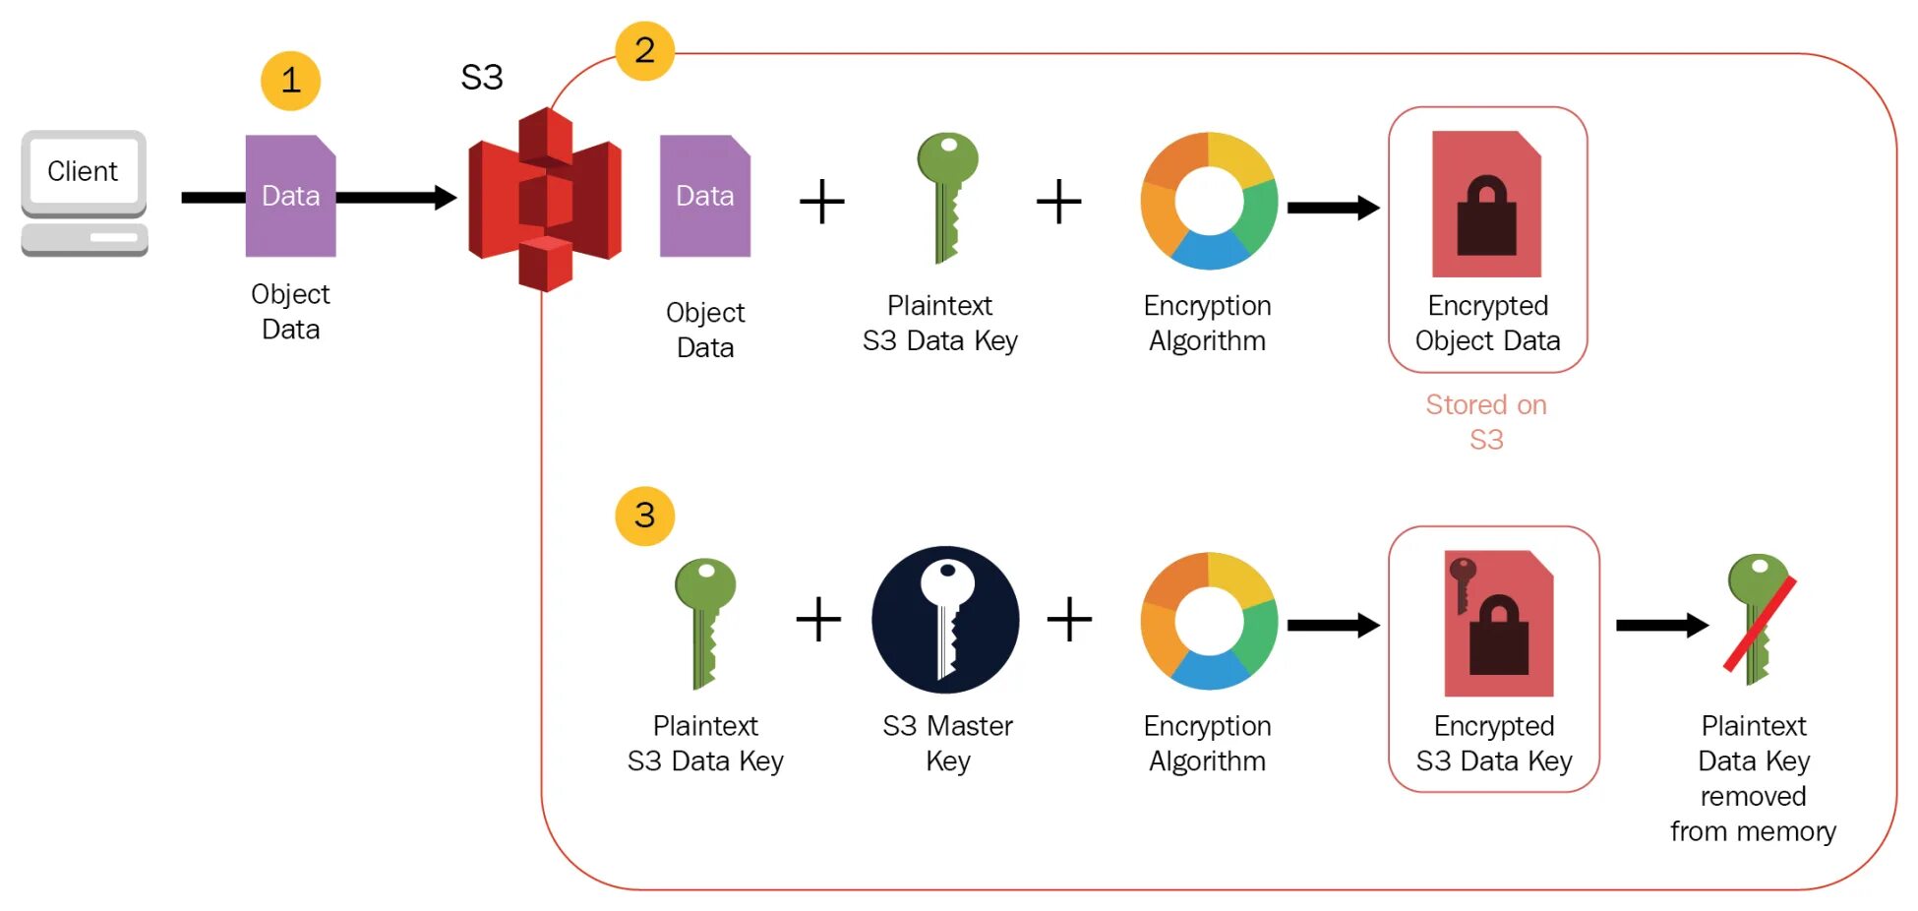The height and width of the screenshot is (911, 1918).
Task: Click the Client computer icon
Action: click(x=84, y=193)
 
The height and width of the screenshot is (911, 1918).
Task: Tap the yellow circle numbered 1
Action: click(x=290, y=81)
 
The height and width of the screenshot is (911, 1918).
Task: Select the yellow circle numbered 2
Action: click(x=644, y=50)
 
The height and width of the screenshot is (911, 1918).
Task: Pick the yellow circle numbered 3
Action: click(x=644, y=516)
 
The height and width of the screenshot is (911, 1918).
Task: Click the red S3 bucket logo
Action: click(x=545, y=200)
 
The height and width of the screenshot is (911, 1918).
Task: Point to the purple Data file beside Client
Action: click(x=290, y=196)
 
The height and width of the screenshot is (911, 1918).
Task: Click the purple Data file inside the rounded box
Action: click(x=704, y=196)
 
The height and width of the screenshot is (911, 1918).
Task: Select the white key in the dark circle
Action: click(x=945, y=620)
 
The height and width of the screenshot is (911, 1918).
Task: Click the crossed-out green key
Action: click(x=1759, y=620)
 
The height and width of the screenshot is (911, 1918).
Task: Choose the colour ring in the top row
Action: click(x=1209, y=201)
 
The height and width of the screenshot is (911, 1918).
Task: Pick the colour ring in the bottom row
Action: click(x=1209, y=621)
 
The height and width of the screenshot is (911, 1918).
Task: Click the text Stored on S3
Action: click(x=1486, y=422)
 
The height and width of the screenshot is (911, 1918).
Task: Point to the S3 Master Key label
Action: click(x=947, y=743)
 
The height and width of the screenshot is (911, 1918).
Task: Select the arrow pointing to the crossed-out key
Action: click(x=1662, y=625)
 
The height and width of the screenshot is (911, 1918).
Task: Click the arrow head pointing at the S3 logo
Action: click(x=446, y=198)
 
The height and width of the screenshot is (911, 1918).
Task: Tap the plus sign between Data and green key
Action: click(x=822, y=202)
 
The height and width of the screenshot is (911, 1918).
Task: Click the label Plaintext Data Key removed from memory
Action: click(x=1753, y=778)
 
